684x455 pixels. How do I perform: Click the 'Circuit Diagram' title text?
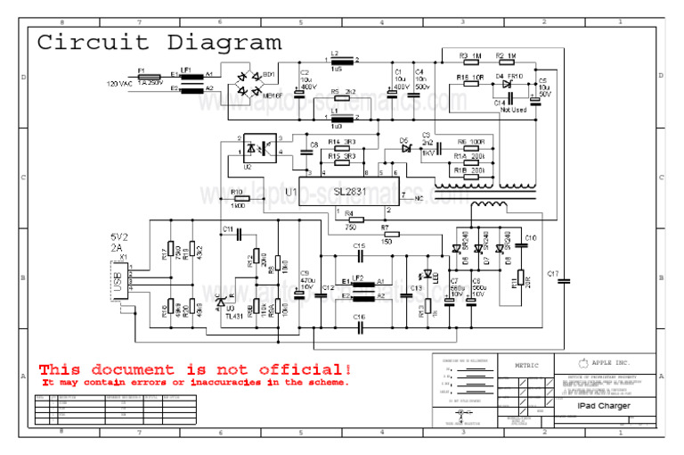[x=159, y=42]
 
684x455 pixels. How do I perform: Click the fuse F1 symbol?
[x=149, y=77]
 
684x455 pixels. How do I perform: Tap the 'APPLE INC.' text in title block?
[x=611, y=363]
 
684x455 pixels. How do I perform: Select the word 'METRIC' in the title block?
[x=526, y=365]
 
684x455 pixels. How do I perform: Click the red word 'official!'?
[x=298, y=368]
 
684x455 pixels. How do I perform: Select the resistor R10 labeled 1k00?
[x=237, y=199]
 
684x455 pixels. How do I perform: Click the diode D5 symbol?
[x=405, y=148]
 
